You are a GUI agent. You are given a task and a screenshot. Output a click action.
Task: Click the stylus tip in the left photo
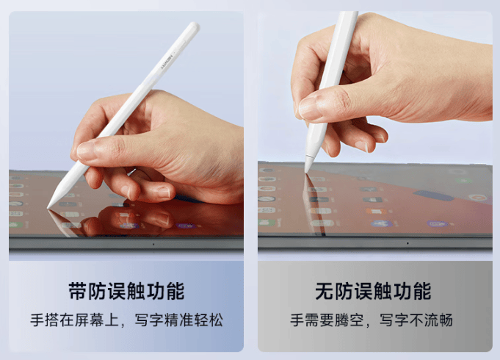pyautogui.click(x=48, y=208)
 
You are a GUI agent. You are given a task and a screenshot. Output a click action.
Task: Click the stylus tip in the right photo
pyautogui.click(x=306, y=172)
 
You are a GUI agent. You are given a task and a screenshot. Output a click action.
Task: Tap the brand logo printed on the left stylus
pyautogui.click(x=167, y=61)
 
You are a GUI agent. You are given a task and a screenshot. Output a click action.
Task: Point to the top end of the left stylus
pyautogui.click(x=195, y=24)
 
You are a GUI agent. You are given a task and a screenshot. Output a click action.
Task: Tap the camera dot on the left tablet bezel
pyautogui.click(x=153, y=245)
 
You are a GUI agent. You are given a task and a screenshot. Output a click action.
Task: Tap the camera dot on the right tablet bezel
pyautogui.click(x=407, y=243)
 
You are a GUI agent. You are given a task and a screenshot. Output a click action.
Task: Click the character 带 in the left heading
pyautogui.click(x=78, y=291)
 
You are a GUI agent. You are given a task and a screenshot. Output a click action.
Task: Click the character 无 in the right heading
pyautogui.click(x=325, y=291)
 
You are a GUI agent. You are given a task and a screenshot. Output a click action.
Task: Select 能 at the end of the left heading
pyautogui.click(x=175, y=291)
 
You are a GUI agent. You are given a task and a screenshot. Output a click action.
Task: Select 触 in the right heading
pyautogui.click(x=383, y=291)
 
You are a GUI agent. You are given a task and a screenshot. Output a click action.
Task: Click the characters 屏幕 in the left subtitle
pyautogui.click(x=90, y=320)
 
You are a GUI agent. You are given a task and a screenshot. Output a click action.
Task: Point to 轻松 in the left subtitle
pyautogui.click(x=209, y=320)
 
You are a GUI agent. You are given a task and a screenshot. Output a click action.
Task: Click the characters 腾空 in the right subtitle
pyautogui.click(x=349, y=320)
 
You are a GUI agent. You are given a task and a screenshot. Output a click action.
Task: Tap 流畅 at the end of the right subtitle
pyautogui.click(x=438, y=320)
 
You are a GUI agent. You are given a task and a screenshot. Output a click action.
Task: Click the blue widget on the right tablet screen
pyautogui.click(x=434, y=195)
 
